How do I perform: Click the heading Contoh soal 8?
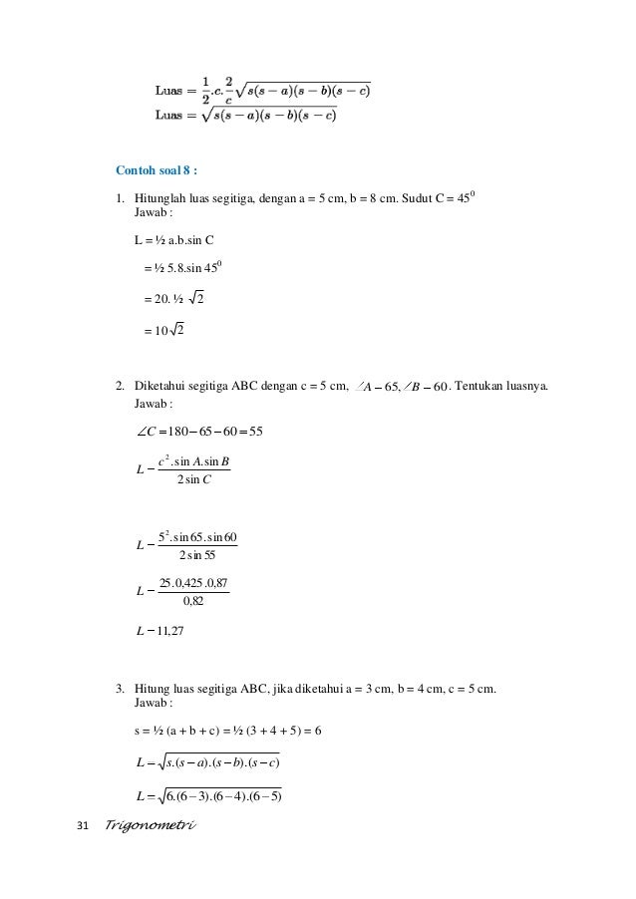coord(157,168)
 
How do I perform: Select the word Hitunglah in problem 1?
coord(159,197)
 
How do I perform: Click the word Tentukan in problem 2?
coord(482,387)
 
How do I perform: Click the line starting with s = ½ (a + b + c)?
coord(227,734)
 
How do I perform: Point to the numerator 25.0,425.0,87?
coord(194,582)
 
